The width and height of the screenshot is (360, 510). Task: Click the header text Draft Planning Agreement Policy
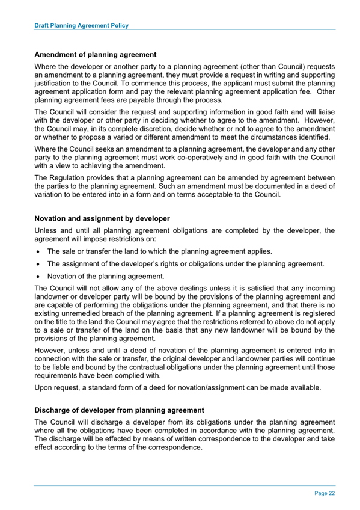tap(81, 26)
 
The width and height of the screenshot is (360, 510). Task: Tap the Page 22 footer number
tap(325, 493)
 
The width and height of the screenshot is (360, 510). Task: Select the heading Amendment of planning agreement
tap(96, 55)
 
